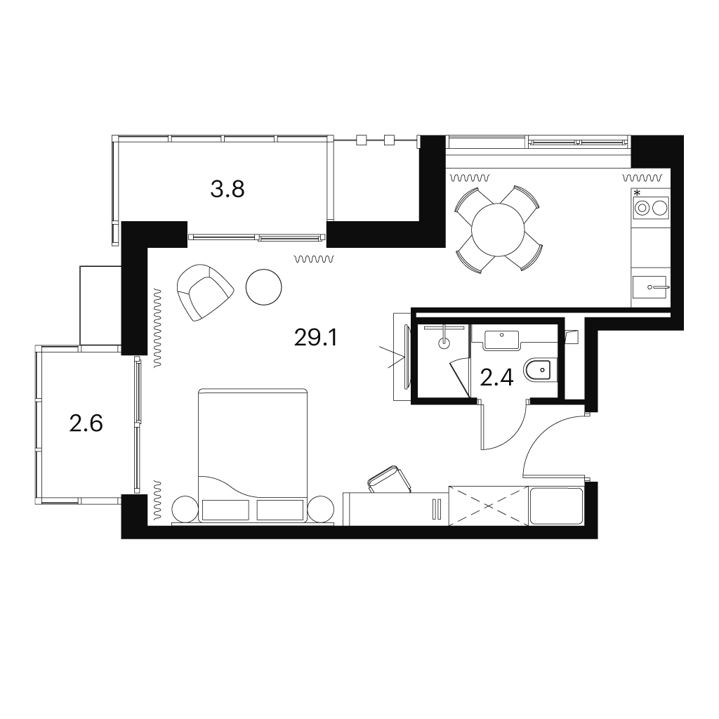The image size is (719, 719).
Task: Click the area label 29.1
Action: (315, 338)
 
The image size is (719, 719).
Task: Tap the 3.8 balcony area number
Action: (227, 189)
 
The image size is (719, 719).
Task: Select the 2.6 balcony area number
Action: (86, 423)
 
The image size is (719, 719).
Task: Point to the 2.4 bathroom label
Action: (496, 378)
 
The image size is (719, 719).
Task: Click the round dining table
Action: (498, 230)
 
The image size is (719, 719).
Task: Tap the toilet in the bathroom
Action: (539, 370)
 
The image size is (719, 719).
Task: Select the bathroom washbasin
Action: (501, 341)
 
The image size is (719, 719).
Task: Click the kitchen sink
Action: (649, 287)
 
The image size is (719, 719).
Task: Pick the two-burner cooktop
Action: (651, 208)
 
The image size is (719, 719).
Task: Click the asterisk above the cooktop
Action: (637, 192)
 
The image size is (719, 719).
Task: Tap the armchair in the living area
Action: (205, 292)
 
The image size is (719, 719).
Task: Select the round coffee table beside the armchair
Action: (264, 286)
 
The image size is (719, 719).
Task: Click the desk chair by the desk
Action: (389, 480)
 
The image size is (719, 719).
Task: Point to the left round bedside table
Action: (185, 508)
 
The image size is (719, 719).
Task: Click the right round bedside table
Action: (321, 508)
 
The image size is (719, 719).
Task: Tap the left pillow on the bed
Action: (225, 510)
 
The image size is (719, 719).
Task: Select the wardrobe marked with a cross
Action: (489, 506)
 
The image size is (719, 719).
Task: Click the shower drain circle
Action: (444, 343)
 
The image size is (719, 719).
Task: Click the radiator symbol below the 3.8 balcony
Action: (315, 260)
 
